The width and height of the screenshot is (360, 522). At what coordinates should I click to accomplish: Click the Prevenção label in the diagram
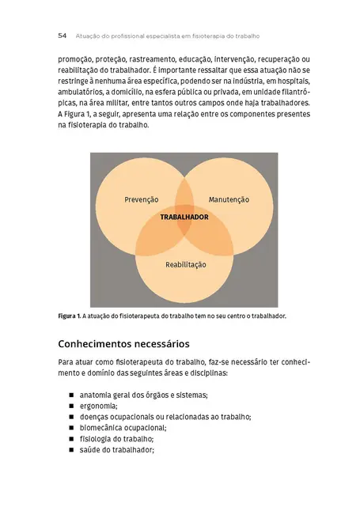pos(142,199)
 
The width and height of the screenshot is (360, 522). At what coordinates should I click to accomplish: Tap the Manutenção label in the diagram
pos(229,199)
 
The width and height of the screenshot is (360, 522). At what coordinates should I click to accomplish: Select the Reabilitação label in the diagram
pos(185,264)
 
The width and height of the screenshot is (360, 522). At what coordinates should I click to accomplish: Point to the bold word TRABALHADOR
pos(184,216)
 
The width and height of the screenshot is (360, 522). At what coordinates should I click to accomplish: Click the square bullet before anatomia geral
pos(71,395)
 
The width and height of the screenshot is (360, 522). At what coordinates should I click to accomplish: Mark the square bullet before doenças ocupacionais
pos(71,417)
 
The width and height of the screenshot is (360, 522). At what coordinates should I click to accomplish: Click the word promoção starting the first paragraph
pos(77,59)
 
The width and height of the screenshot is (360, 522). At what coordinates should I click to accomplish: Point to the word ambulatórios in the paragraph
pos(84,92)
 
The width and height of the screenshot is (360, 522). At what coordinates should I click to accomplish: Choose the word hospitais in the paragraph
pos(286,81)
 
